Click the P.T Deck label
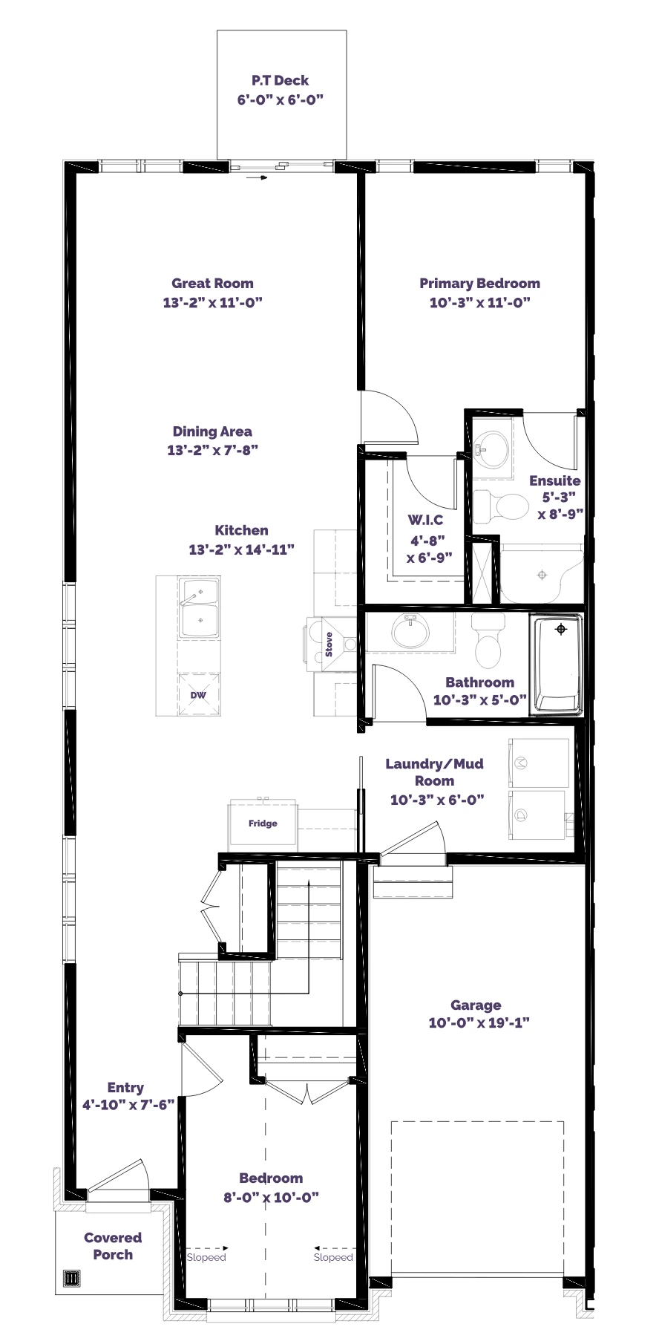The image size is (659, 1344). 280,80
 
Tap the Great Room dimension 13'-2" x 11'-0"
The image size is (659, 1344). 213,302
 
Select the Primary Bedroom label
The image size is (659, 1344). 479,283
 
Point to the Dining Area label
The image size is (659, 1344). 212,431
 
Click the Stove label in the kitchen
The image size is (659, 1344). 329,644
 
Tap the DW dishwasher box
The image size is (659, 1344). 198,695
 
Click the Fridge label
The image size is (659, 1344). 263,823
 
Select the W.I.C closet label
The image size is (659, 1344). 425,520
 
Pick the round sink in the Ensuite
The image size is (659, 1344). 490,447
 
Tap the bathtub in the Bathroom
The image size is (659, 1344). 556,663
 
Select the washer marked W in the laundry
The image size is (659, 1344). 538,763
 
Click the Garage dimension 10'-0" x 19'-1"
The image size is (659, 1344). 479,1022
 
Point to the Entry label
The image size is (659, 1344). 125,1087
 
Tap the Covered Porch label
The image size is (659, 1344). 113,1246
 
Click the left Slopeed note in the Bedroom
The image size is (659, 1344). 206,1257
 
